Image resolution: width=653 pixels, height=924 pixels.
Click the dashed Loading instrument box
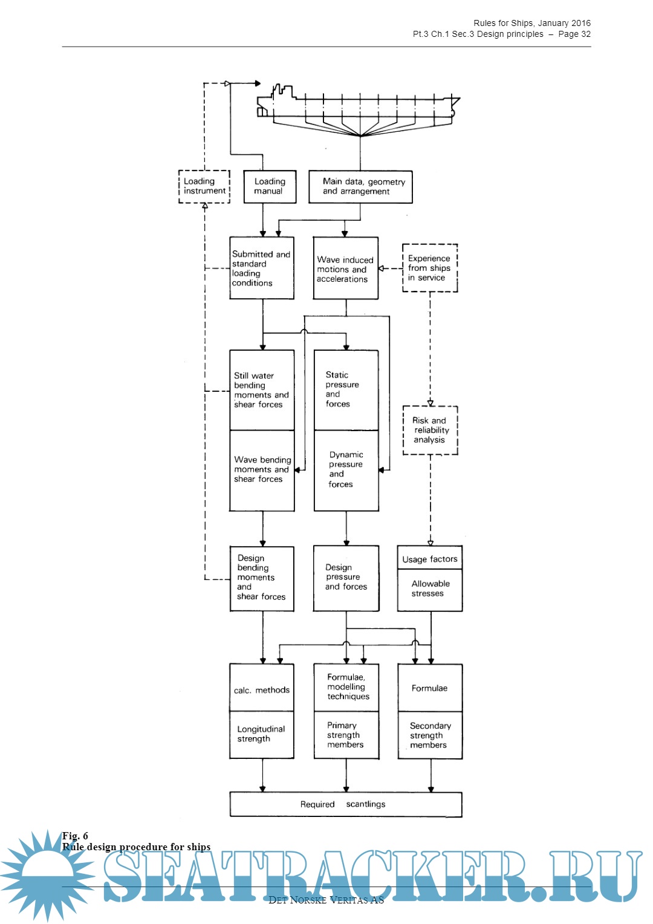(x=204, y=186)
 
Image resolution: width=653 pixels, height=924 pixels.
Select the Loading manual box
(x=270, y=186)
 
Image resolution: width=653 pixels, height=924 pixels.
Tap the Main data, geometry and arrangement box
(x=360, y=186)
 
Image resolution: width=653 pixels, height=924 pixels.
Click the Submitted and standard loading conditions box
(x=262, y=268)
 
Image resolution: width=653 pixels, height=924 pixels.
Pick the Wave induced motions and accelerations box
(x=345, y=268)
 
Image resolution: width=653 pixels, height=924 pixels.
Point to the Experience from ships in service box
(x=430, y=268)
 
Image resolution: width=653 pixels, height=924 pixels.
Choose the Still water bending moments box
(x=262, y=390)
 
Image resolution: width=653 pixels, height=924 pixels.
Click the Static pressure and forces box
(x=346, y=390)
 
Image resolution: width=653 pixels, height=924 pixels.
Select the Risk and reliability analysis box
(x=430, y=430)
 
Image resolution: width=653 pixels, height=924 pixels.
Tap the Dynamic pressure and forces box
(x=346, y=470)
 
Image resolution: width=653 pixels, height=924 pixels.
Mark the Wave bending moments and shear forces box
(x=262, y=470)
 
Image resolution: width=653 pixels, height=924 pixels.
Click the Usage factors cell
(x=430, y=559)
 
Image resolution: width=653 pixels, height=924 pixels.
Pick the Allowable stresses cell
(x=430, y=589)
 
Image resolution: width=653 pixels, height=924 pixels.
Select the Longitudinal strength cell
(x=262, y=734)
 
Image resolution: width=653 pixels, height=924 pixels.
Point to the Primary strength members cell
(x=346, y=735)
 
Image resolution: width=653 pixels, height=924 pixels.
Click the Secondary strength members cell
(x=430, y=735)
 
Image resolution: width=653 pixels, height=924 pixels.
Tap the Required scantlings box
(x=345, y=804)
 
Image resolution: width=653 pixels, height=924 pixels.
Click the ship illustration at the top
(x=358, y=109)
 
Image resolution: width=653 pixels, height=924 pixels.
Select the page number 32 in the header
(x=585, y=34)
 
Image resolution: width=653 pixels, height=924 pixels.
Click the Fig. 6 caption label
(x=75, y=836)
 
